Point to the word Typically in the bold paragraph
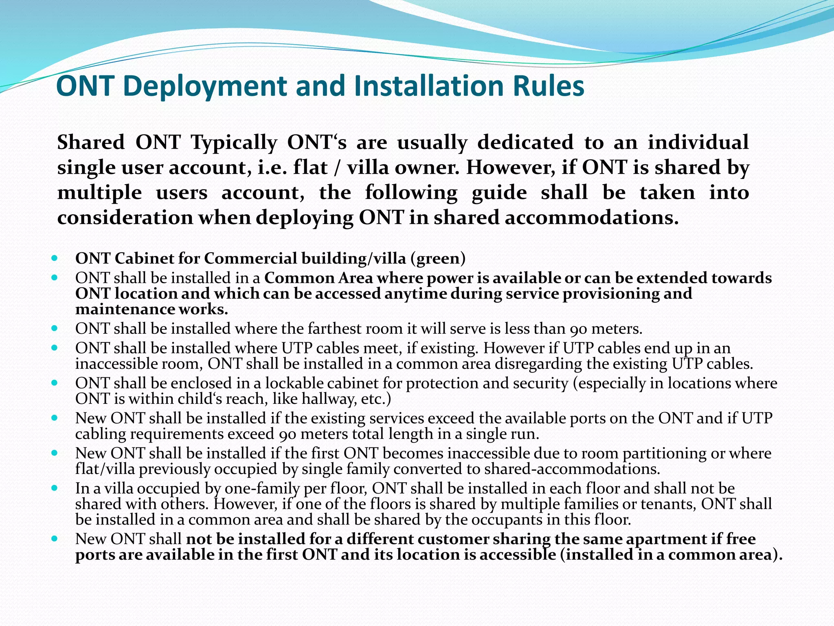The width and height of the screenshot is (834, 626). click(x=234, y=143)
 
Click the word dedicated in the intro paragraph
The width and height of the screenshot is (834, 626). click(x=525, y=143)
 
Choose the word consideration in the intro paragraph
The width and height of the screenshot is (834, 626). click(x=125, y=218)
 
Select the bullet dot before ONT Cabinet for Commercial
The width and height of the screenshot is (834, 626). click(x=55, y=258)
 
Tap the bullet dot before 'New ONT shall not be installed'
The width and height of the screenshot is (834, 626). click(x=55, y=539)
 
